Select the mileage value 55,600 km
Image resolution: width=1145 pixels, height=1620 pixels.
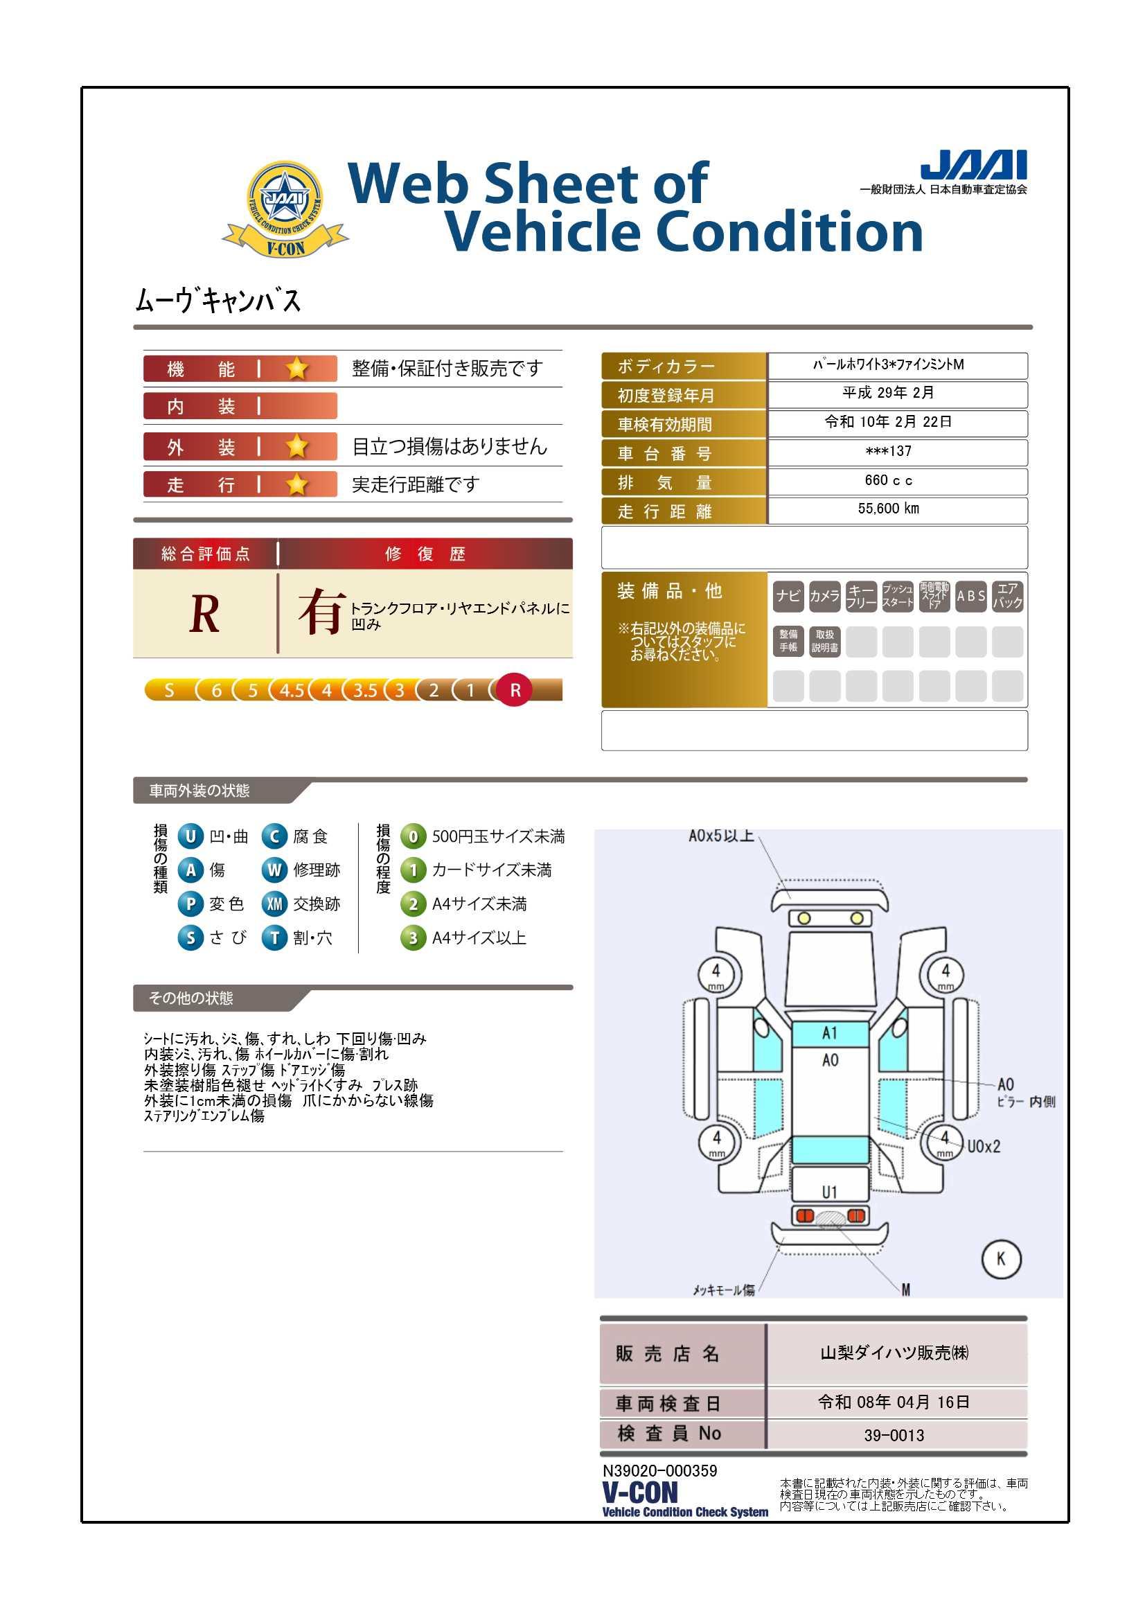pyautogui.click(x=888, y=509)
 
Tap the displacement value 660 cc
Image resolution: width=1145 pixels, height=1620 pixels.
pyautogui.click(x=888, y=480)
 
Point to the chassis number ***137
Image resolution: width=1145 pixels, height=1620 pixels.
pyautogui.click(x=888, y=452)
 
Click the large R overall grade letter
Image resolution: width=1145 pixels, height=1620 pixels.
pyautogui.click(x=204, y=614)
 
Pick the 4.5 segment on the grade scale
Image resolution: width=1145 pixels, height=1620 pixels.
pyautogui.click(x=292, y=690)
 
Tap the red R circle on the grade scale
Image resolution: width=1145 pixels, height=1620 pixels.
pyautogui.click(x=515, y=690)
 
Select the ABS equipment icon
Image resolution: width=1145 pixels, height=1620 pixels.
pyautogui.click(x=970, y=596)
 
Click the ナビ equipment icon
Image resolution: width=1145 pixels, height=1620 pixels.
pyautogui.click(x=788, y=596)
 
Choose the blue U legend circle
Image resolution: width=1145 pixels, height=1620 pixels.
pyautogui.click(x=190, y=836)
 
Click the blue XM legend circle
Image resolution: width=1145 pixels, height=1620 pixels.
pyautogui.click(x=274, y=904)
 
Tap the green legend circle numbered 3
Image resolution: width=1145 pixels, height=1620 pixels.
pyautogui.click(x=414, y=938)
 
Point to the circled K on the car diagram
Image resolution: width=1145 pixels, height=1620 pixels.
pyautogui.click(x=1001, y=1258)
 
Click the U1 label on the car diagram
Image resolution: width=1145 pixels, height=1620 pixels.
pyautogui.click(x=830, y=1192)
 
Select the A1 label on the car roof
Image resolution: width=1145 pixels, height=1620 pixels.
pyautogui.click(x=830, y=1033)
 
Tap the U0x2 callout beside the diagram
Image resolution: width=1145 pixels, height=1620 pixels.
pyautogui.click(x=984, y=1147)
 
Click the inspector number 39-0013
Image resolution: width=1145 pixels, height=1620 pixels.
pyautogui.click(x=894, y=1435)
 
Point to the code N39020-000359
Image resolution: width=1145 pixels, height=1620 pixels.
pyautogui.click(x=659, y=1471)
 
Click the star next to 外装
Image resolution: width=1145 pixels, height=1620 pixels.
pyautogui.click(x=297, y=447)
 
